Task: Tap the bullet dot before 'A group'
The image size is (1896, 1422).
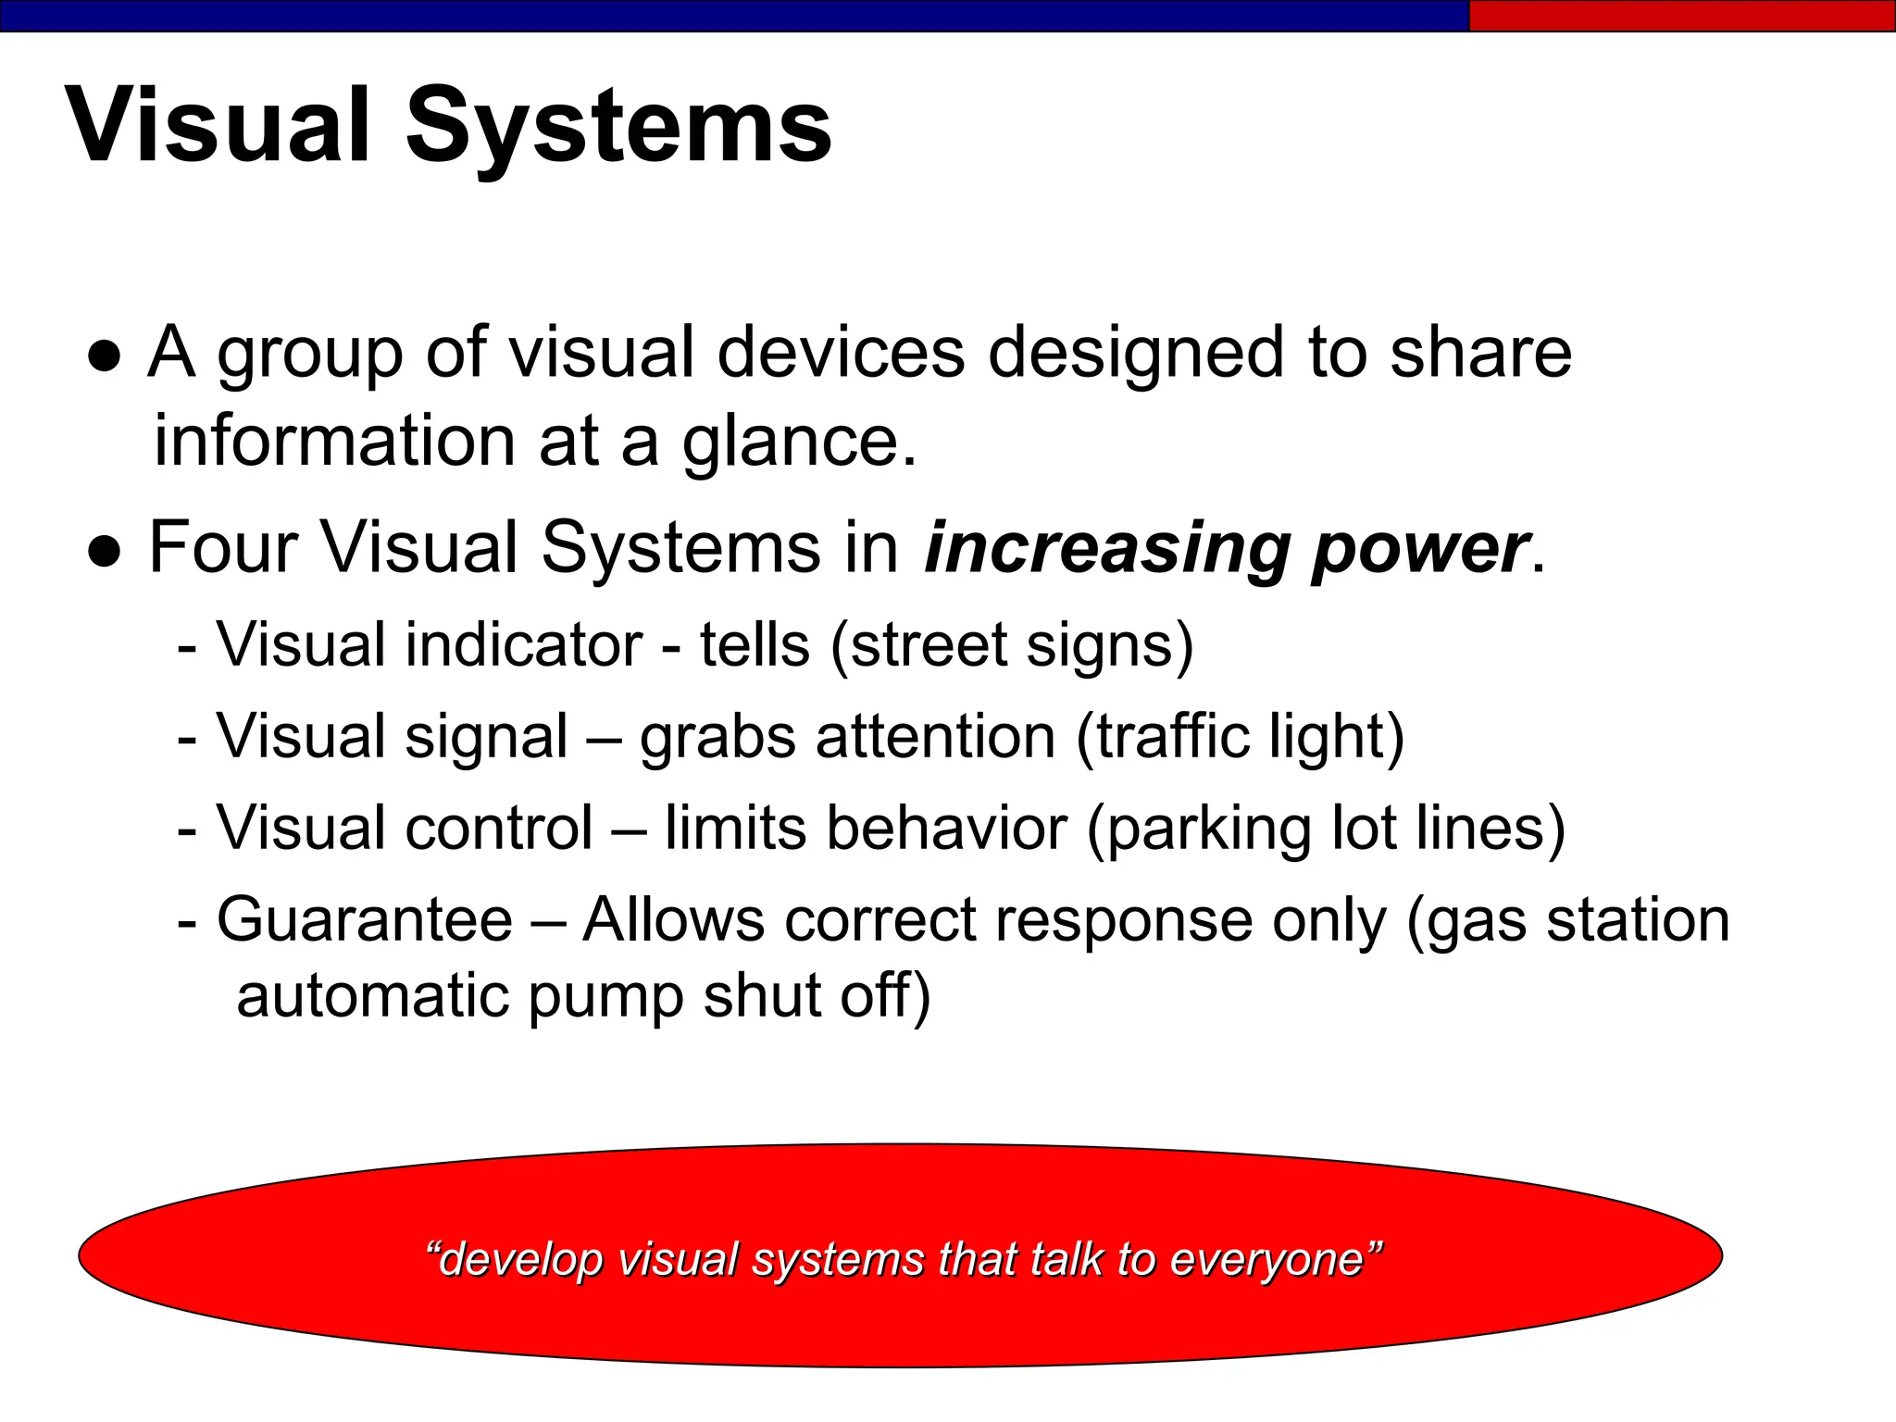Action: pyautogui.click(x=105, y=357)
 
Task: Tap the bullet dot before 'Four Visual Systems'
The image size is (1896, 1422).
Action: pyautogui.click(x=105, y=552)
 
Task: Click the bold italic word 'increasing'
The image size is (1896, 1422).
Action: pyautogui.click(x=1107, y=548)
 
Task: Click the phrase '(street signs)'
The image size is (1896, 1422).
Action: pyautogui.click(x=1012, y=645)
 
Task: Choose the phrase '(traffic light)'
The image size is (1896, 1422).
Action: pyautogui.click(x=1241, y=737)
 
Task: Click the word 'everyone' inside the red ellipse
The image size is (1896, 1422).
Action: pyautogui.click(x=1266, y=1260)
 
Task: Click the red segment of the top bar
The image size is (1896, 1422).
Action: pyautogui.click(x=1681, y=16)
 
